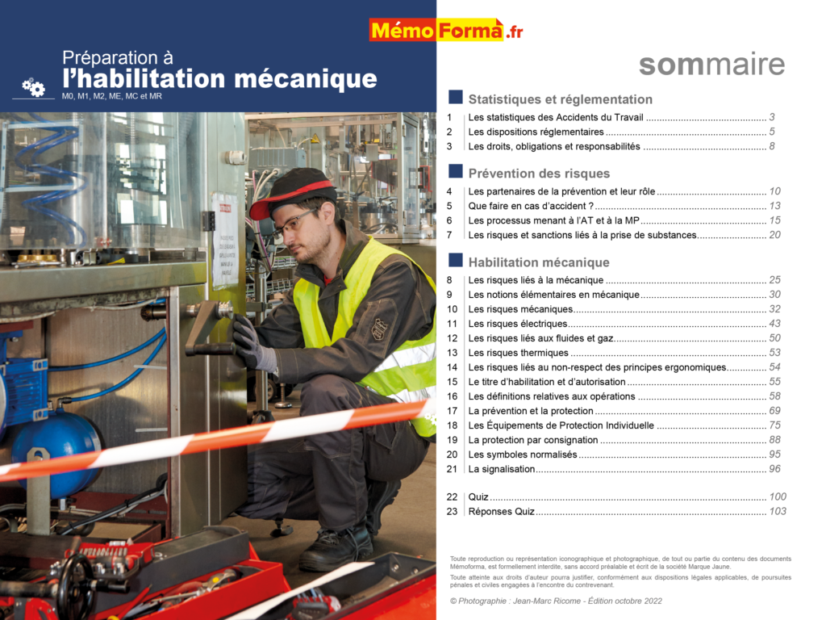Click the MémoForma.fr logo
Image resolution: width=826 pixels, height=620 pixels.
click(x=446, y=31)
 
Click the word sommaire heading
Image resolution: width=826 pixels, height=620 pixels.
click(x=711, y=65)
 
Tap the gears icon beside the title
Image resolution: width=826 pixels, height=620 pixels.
click(x=34, y=87)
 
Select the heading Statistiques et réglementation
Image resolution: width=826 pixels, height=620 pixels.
click(x=560, y=99)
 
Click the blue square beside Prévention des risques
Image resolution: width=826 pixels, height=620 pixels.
click(x=456, y=172)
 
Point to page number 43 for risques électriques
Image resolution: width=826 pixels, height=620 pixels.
click(x=774, y=324)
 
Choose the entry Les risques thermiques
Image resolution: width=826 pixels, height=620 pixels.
click(x=518, y=353)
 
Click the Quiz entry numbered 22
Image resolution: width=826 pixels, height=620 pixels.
click(x=478, y=496)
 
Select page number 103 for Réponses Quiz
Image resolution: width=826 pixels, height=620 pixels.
click(x=778, y=511)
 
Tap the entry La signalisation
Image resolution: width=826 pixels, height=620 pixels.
click(x=501, y=469)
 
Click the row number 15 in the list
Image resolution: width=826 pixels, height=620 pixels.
click(x=452, y=382)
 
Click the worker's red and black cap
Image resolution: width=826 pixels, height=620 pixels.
click(x=292, y=192)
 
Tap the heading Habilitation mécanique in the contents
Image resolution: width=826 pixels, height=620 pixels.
click(x=538, y=262)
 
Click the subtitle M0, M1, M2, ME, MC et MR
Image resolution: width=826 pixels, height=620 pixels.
click(x=111, y=96)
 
